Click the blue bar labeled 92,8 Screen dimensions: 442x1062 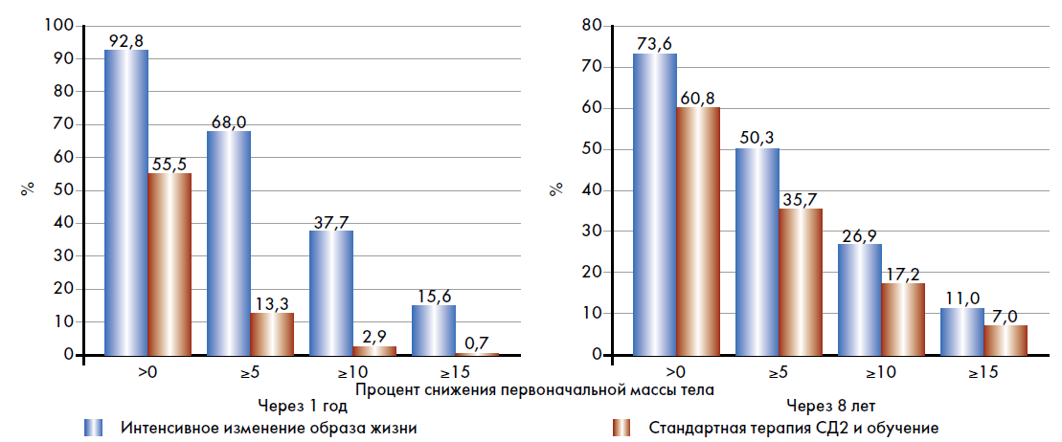coord(126,202)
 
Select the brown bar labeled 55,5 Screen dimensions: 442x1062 coord(169,264)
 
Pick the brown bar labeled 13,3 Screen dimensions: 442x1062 coord(272,333)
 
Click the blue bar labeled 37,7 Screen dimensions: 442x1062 coord(331,293)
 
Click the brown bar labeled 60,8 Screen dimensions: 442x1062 coord(698,231)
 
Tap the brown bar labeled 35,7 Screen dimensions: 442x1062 coord(801,281)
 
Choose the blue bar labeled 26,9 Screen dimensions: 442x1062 coord(860,299)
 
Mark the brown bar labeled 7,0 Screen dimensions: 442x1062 coord(1006,340)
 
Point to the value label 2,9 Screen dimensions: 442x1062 coord(374,336)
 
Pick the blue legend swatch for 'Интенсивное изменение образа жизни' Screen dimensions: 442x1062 coord(92,427)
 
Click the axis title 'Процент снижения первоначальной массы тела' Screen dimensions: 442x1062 coord(534,389)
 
